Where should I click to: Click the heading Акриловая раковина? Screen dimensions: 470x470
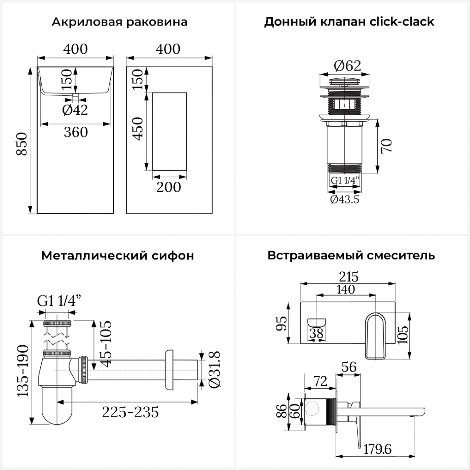coord(119,22)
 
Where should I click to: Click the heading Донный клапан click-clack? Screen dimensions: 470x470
coord(349,22)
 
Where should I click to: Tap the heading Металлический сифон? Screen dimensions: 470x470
coord(118,255)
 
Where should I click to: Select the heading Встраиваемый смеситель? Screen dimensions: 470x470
coord(351,255)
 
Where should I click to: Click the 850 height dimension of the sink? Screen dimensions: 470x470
coord(22,144)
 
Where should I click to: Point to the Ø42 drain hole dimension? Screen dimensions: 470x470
coord(75,110)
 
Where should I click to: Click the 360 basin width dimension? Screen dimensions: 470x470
coord(76,132)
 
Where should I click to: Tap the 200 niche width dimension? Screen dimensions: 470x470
coord(169,187)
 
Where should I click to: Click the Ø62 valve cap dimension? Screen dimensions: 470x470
coord(347,65)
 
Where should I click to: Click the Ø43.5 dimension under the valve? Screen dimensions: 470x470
coord(345,199)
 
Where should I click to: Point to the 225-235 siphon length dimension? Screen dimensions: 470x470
coord(130,412)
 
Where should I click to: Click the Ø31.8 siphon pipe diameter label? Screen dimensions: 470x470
coord(214,370)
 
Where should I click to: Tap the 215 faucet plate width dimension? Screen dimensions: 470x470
coord(348,277)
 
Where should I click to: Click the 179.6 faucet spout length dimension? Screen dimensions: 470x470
coord(378,449)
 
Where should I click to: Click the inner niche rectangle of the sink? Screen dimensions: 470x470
coord(169,132)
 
